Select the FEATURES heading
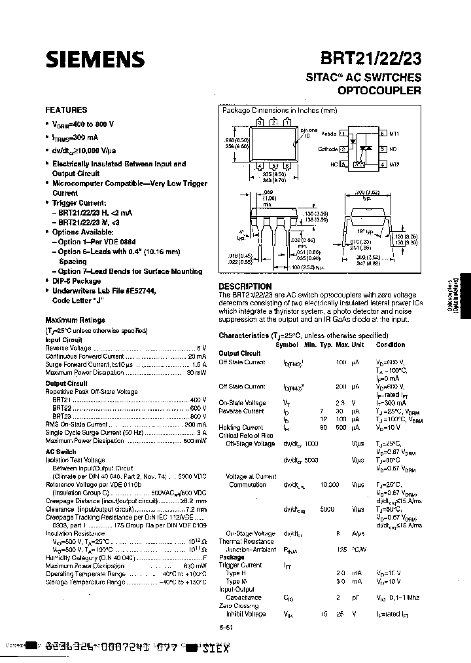(65, 110)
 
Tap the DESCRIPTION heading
(245, 286)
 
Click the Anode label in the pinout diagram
(330, 133)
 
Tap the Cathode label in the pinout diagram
(328, 149)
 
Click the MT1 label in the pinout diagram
(394, 133)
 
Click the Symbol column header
(286, 345)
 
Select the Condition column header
(390, 345)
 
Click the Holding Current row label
(240, 427)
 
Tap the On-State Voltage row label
(241, 403)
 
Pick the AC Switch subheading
(60, 451)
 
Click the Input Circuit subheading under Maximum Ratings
(63, 340)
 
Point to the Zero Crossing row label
(238, 606)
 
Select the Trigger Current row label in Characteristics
(240, 565)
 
